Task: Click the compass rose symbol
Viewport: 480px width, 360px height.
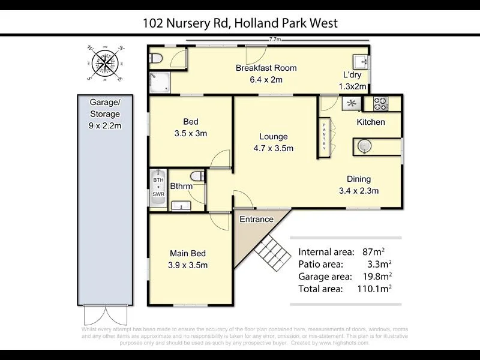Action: tap(105, 63)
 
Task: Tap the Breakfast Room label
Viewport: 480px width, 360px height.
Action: tap(266, 68)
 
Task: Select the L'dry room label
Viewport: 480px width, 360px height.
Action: tap(352, 75)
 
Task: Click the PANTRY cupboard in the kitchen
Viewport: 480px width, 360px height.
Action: tap(325, 136)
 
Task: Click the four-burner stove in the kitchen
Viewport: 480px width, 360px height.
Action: tap(380, 103)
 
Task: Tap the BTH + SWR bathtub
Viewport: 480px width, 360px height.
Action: tap(158, 187)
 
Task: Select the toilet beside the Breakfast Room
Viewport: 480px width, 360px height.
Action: tap(157, 58)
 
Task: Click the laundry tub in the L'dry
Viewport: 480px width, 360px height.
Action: tap(361, 61)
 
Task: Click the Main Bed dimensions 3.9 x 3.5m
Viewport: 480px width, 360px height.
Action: tap(188, 265)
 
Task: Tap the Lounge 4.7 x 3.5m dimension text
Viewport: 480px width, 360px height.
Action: tap(274, 148)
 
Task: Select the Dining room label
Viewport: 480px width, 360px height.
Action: tap(358, 179)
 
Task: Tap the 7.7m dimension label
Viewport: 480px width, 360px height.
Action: tap(275, 40)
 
